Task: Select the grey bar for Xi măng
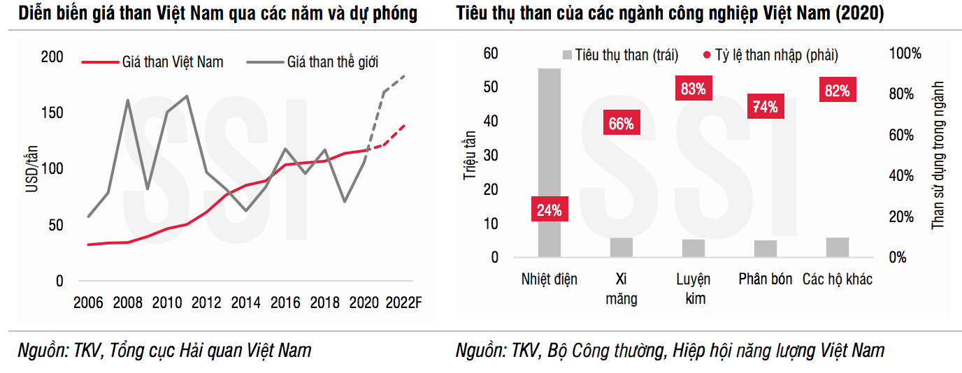621,247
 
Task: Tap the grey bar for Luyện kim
693,248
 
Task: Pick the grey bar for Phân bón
765,249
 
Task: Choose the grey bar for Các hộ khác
837,247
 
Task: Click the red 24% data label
549,210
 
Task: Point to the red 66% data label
621,124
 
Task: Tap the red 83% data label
693,89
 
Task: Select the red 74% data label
765,107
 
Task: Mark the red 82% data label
837,91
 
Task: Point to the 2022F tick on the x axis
405,303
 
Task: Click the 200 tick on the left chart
52,57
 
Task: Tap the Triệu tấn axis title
470,156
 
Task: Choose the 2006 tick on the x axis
89,303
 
